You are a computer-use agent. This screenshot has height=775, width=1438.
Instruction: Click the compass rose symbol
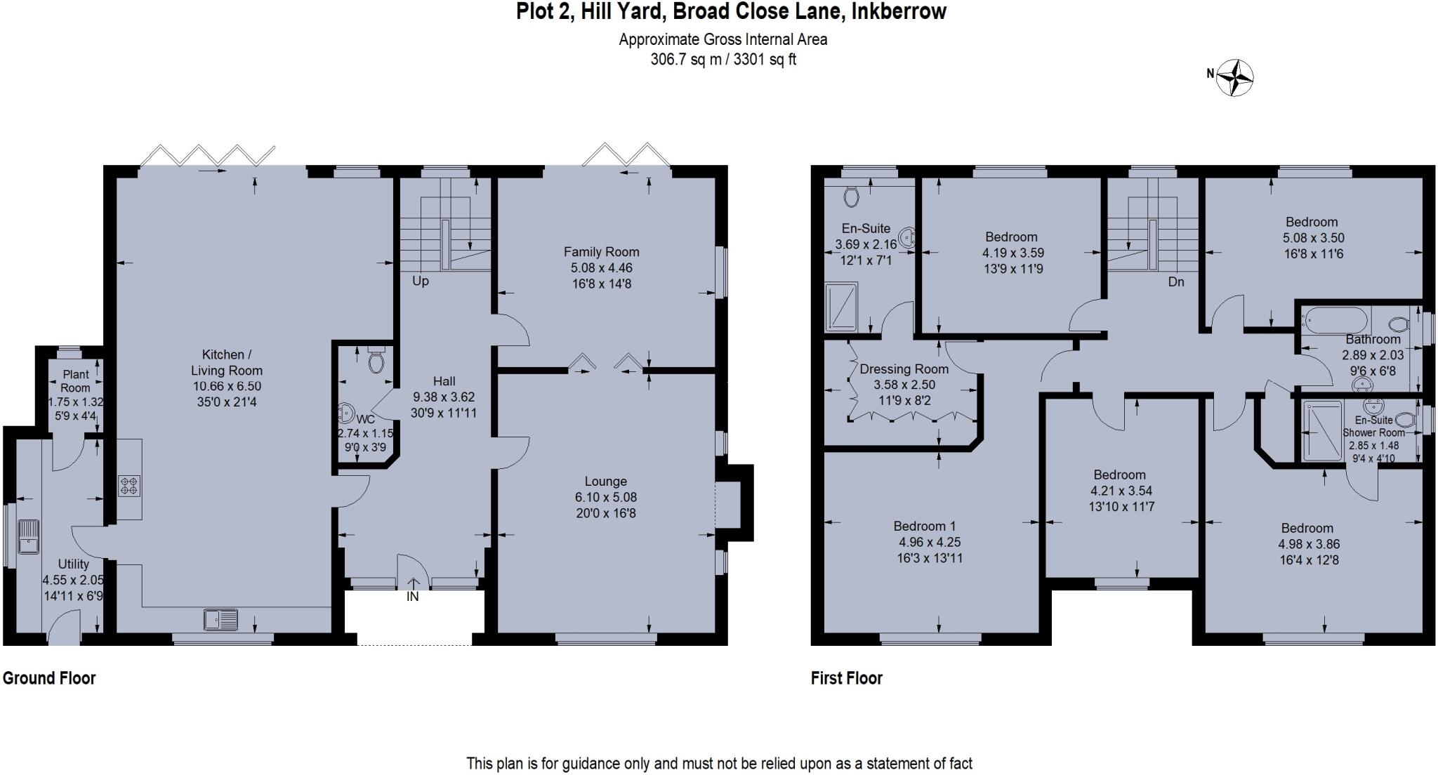[1235, 77]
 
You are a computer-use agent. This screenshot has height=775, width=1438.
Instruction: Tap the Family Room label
[601, 251]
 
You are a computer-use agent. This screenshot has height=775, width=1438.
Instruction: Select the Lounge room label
[605, 482]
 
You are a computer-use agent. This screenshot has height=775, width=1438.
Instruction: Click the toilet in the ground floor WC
[377, 361]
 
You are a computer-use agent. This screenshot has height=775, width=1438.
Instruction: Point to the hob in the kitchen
[129, 486]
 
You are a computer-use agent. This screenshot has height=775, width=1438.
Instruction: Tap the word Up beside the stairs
[420, 281]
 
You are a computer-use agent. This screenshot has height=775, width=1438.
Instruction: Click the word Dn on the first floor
[1176, 281]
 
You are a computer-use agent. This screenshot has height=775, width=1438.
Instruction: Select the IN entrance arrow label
[412, 596]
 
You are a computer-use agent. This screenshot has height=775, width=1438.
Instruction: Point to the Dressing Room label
[904, 369]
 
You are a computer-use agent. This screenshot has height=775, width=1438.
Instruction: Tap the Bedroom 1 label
[924, 526]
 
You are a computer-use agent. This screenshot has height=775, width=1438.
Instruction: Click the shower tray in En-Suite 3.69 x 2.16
[841, 307]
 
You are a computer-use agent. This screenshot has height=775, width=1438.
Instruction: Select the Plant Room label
[75, 380]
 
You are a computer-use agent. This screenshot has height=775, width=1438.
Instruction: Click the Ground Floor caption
[49, 678]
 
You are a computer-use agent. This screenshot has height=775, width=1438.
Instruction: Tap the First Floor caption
[846, 678]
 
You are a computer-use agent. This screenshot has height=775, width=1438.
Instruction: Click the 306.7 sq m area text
[685, 60]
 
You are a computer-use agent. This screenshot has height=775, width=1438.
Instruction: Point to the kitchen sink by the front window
[220, 620]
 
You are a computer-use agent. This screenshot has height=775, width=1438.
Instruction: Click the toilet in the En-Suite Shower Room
[1404, 420]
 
